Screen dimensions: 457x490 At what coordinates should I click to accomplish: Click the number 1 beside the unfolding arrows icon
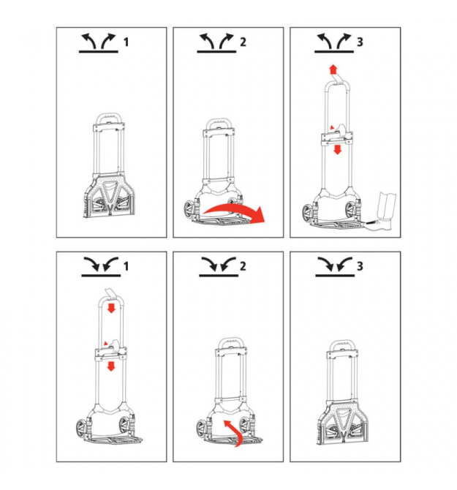coord(126,42)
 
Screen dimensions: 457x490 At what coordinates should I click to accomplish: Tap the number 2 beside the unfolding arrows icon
coord(243,42)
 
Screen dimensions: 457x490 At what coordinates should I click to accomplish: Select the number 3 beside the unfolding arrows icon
coord(360,42)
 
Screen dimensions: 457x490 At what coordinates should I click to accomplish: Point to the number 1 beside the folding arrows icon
coord(126,266)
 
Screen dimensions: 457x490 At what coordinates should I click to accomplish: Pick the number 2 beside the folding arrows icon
coord(243,266)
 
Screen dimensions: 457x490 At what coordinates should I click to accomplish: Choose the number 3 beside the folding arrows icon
coord(360,266)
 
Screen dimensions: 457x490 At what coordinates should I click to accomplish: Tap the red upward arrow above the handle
coord(333,69)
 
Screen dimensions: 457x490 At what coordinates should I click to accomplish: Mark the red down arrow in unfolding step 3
coord(337,149)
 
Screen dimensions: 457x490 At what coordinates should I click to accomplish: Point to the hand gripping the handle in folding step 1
coord(111,294)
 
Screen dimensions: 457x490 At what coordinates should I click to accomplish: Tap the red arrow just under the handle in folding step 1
coord(111,309)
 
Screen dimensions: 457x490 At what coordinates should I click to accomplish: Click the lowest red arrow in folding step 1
coord(111,366)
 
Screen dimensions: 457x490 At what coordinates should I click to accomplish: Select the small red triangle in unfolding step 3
coord(333,127)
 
